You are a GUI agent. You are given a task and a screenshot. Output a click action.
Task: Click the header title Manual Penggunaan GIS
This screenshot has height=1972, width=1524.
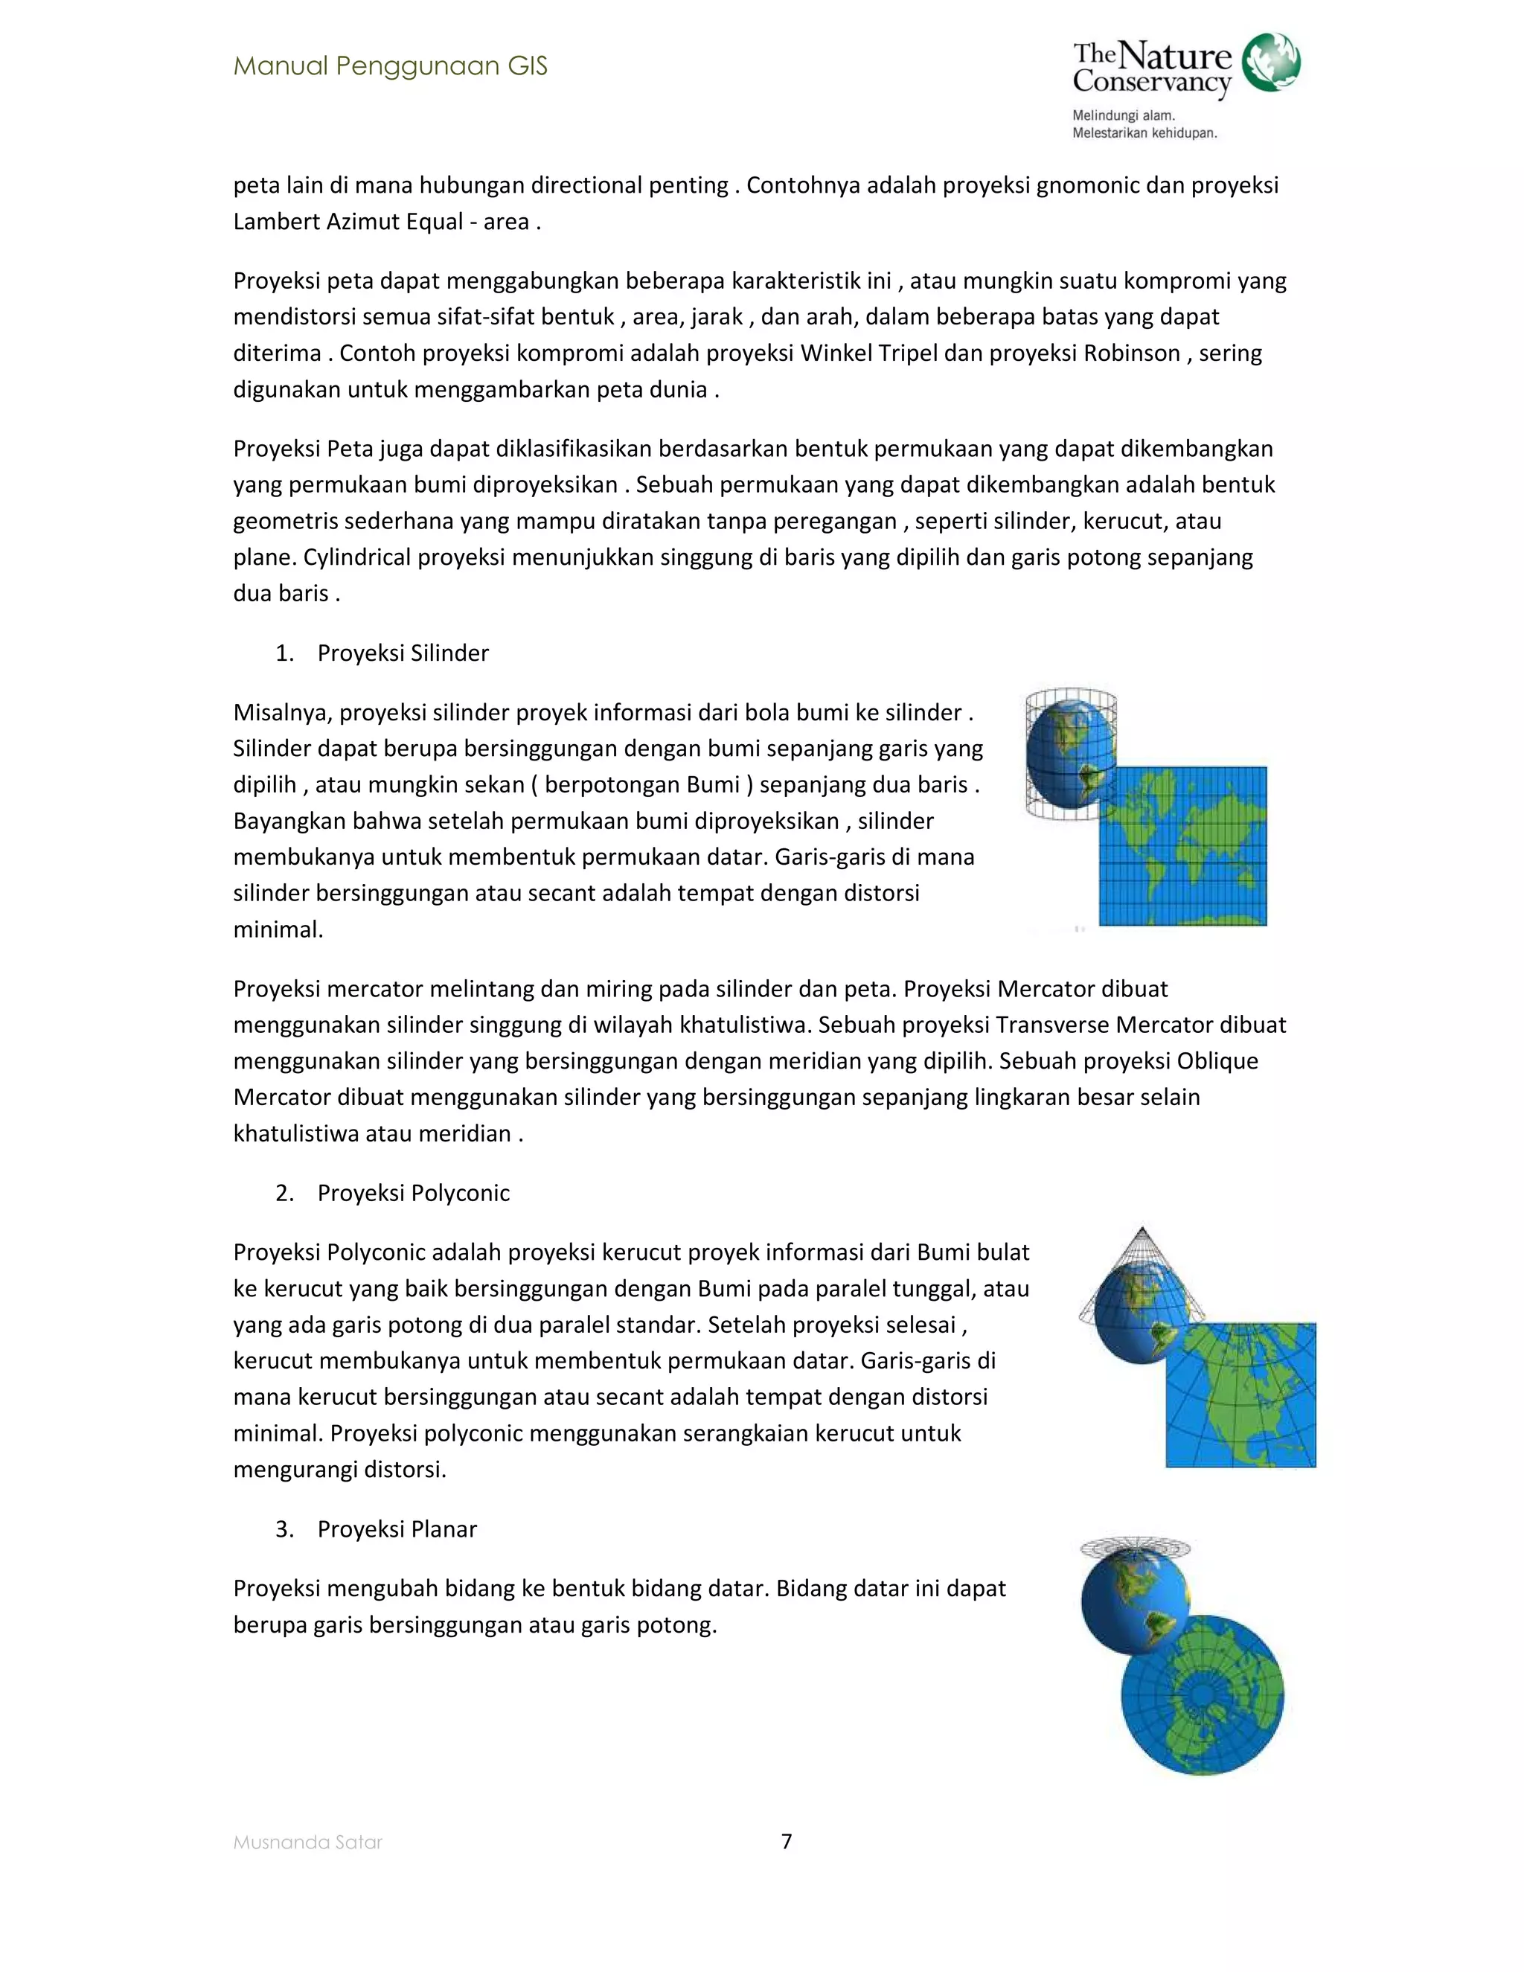390,66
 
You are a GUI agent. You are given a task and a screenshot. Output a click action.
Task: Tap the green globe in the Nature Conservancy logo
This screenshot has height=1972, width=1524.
1270,63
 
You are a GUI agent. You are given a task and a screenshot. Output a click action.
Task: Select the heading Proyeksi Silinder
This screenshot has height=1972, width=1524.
403,653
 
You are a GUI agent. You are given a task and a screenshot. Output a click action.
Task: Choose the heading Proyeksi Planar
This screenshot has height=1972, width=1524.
397,1528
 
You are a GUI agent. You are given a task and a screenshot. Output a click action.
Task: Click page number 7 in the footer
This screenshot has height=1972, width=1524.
787,1841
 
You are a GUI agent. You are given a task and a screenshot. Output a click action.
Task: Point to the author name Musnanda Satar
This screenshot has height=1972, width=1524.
308,1843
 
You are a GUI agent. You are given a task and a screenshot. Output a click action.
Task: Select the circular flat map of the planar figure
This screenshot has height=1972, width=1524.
1202,1694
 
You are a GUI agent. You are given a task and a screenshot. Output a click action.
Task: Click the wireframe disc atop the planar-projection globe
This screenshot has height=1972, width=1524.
1135,1545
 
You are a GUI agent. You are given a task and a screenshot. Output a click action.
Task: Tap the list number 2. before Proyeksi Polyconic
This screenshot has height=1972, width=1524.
284,1193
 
